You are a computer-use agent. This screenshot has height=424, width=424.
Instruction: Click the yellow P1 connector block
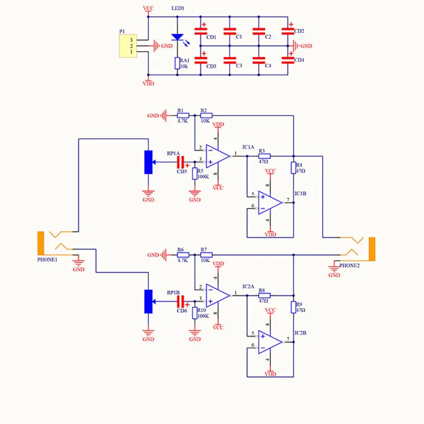tap(128, 46)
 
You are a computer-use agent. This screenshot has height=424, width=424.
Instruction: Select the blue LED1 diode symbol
tap(178, 37)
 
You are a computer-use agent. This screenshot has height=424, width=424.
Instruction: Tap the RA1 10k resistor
tap(178, 63)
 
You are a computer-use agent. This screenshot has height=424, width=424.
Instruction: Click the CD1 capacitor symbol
tap(201, 31)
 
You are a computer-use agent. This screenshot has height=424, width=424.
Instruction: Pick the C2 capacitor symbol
tap(259, 31)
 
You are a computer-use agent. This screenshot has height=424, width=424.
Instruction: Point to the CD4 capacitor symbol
tap(288, 60)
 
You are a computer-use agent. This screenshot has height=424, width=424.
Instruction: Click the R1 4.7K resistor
tap(183, 116)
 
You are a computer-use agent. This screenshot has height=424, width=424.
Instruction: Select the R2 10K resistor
tap(206, 116)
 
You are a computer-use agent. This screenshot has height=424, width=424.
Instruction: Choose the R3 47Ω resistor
tap(264, 156)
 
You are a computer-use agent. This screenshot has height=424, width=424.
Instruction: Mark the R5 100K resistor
tap(195, 174)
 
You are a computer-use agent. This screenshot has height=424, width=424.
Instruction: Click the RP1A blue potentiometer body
tap(148, 162)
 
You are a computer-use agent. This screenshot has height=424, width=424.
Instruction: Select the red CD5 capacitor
tap(180, 162)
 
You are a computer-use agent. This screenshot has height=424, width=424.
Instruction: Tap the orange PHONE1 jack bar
tap(41, 243)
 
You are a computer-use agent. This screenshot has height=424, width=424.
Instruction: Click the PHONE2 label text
tap(349, 266)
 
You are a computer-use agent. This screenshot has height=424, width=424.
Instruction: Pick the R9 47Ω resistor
tap(294, 307)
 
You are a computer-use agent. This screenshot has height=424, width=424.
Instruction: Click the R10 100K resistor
tap(195, 313)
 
